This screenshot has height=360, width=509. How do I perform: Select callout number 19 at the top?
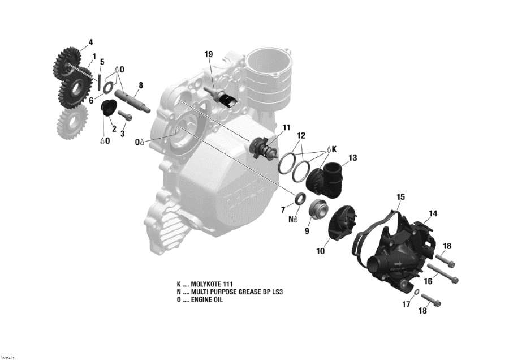tap(209, 54)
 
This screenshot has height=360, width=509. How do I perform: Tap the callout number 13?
tap(353, 158)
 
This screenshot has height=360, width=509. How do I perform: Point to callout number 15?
tap(400, 197)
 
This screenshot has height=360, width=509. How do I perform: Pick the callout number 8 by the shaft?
tap(141, 85)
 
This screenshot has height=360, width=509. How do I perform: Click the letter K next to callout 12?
tap(334, 149)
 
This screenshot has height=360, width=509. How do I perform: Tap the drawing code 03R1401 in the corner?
tap(8, 357)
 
